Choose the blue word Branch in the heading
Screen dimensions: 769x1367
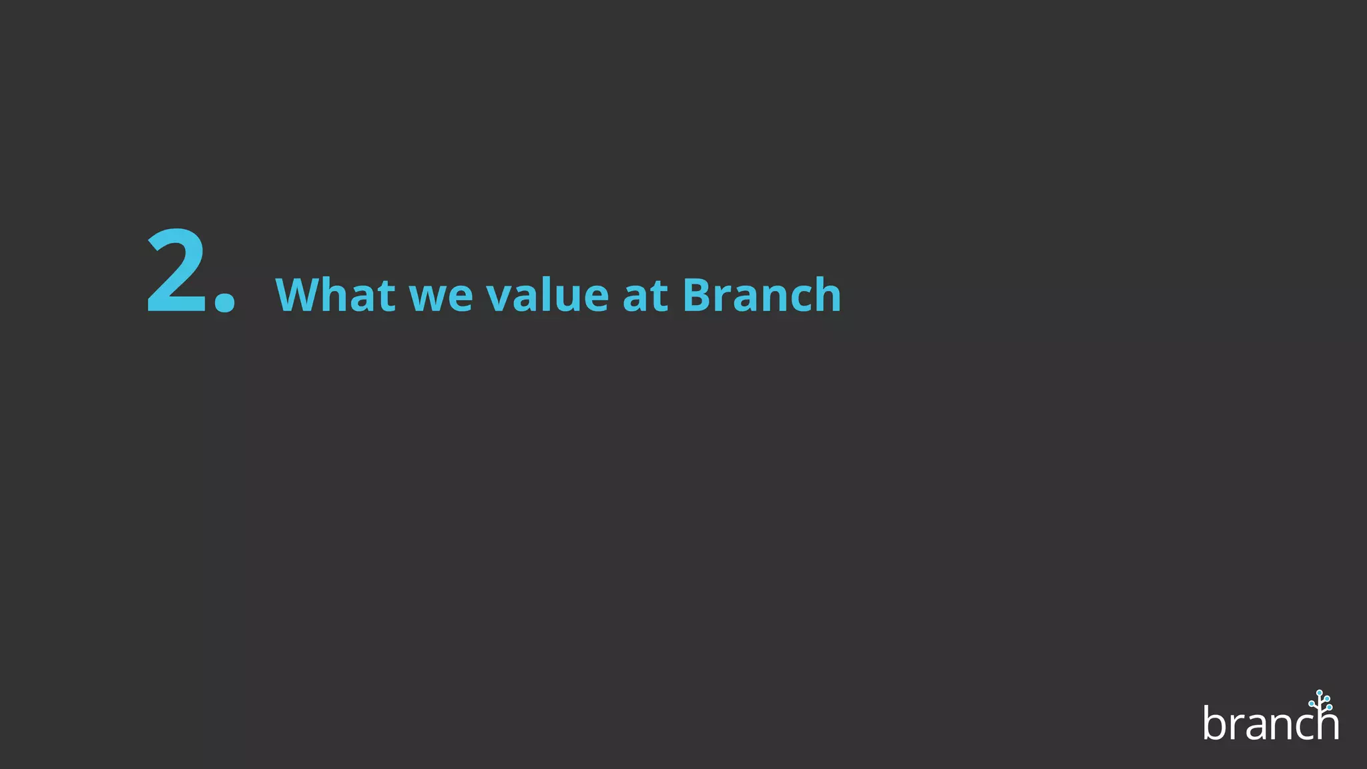point(762,294)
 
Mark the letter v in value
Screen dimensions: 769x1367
point(501,298)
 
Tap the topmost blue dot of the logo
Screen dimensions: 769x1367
point(1320,693)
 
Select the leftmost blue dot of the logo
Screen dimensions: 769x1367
point(1312,704)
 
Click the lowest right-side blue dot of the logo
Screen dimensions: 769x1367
point(1329,707)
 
